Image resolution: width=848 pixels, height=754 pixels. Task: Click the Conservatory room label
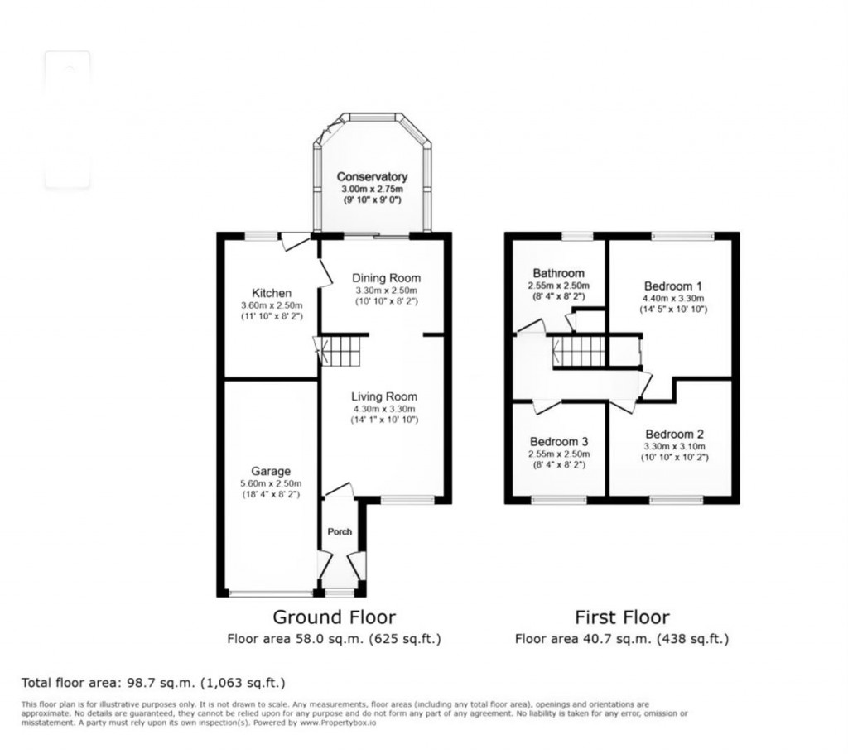click(x=371, y=177)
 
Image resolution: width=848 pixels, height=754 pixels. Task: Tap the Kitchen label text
click(x=272, y=293)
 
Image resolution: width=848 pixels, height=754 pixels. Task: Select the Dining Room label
click(x=386, y=278)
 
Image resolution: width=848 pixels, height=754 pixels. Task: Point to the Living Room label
click(x=383, y=396)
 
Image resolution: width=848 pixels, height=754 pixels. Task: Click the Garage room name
click(x=271, y=472)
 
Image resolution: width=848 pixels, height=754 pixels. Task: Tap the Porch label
click(x=340, y=531)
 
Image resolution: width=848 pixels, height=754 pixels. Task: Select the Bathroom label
click(x=558, y=273)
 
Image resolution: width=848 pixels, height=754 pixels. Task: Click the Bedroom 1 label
click(x=672, y=286)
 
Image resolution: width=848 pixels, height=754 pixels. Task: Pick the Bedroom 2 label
click(x=675, y=434)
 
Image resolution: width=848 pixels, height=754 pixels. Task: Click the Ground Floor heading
click(x=334, y=617)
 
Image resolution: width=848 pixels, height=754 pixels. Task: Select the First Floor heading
click(x=622, y=617)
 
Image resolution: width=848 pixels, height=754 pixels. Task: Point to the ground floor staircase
click(x=341, y=351)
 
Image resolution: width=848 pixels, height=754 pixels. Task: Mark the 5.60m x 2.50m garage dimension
click(x=271, y=483)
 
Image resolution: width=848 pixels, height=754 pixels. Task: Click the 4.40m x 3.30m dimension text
click(x=672, y=298)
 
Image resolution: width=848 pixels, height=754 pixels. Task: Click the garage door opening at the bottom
click(x=271, y=593)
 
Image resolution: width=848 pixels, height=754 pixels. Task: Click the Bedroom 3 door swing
click(x=544, y=406)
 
